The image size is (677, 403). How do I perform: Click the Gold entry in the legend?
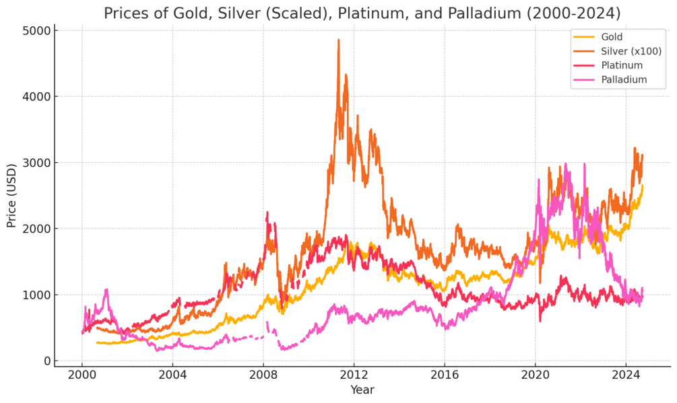612,37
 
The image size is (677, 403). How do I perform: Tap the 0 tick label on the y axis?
47,361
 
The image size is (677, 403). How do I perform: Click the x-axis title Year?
362,390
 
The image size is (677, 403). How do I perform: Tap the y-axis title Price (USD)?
11,195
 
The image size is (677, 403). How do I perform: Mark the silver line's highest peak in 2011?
338,40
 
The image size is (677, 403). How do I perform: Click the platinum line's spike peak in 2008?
267,213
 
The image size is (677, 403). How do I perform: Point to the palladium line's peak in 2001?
106,290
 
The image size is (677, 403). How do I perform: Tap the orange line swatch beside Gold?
583,37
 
